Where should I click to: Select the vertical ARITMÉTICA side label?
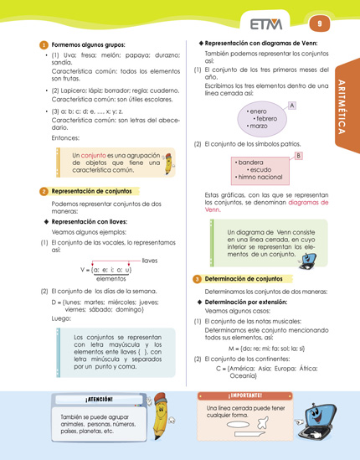tap(347, 109)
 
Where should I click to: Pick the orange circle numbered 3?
tap(196, 277)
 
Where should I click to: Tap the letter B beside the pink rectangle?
tap(299, 156)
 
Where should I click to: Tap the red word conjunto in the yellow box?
tap(95, 155)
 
